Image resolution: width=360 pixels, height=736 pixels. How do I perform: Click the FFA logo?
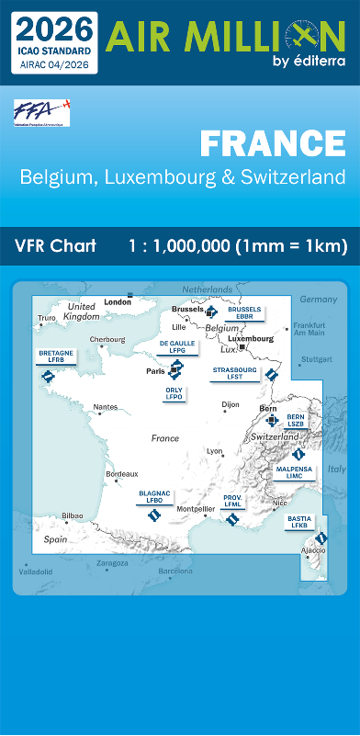coord(41,112)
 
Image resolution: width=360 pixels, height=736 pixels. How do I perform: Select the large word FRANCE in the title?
coord(272,143)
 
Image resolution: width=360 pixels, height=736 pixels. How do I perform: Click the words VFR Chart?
coord(55,245)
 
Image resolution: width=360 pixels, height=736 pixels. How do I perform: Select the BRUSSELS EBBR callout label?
coord(244,312)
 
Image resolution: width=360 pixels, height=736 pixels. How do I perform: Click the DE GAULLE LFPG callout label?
coord(177,346)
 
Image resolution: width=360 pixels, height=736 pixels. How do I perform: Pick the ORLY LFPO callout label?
coord(174,392)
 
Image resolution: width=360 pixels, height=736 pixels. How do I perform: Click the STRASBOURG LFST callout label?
coord(234,372)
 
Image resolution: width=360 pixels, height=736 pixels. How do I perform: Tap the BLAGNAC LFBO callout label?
coord(154,496)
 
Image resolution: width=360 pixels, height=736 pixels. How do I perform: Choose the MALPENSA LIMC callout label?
coord(294,472)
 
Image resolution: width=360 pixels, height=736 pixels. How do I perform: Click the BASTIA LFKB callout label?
coord(298,522)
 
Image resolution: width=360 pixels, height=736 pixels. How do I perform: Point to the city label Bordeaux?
coord(122,474)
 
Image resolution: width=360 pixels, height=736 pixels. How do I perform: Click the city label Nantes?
coord(106,406)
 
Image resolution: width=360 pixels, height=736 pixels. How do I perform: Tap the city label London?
coord(118,301)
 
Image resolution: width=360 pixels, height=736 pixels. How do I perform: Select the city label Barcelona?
coord(175,571)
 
